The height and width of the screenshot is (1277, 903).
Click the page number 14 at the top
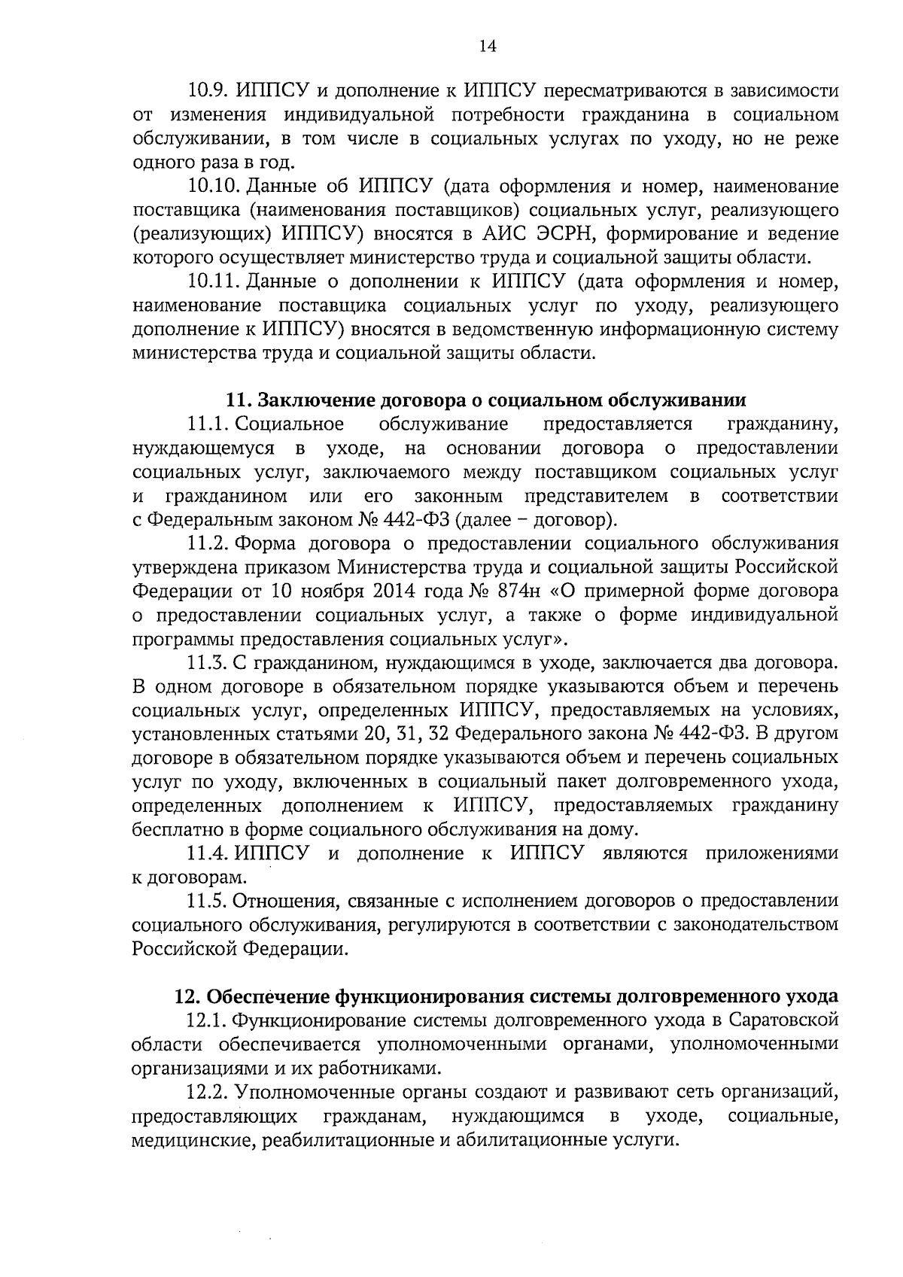(487, 47)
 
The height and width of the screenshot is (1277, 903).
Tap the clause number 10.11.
(213, 281)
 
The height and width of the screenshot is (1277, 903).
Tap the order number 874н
(507, 591)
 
